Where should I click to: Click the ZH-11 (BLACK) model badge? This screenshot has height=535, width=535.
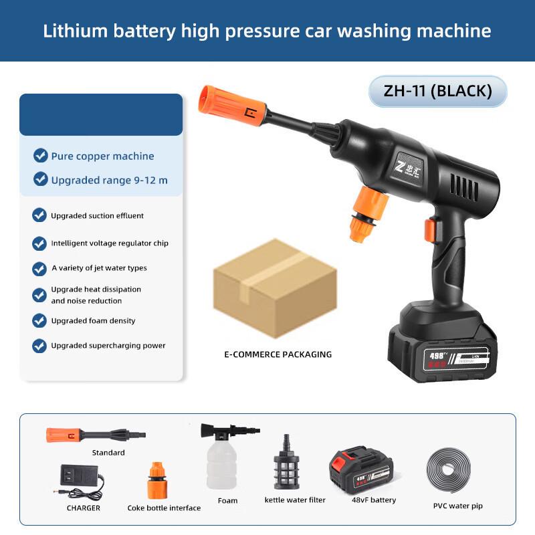(437, 92)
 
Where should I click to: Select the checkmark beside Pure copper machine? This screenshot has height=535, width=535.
(41, 156)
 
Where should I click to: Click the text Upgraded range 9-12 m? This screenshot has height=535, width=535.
(110, 180)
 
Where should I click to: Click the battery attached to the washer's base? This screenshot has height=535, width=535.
(441, 344)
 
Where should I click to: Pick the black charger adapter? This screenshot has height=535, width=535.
(80, 479)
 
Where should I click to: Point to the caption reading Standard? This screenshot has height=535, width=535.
(108, 453)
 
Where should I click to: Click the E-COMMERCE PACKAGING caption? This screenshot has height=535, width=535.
(278, 354)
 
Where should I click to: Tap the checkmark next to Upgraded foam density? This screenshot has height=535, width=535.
(39, 320)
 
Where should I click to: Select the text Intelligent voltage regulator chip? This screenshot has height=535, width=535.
(110, 243)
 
